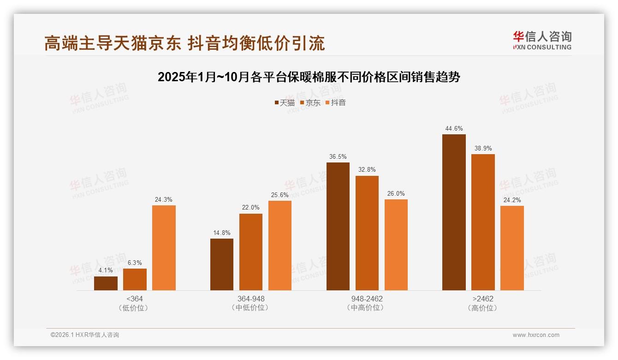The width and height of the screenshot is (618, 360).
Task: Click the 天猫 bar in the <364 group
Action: coord(106,283)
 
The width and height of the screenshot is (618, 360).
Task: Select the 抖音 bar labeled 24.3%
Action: coord(164,248)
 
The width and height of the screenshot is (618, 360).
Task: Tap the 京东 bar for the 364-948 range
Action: coord(250,252)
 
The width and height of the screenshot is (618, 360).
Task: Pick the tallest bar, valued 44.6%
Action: coord(454,212)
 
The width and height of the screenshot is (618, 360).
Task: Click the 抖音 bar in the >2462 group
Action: coord(512,248)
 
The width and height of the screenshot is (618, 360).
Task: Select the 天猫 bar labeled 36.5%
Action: coord(338,226)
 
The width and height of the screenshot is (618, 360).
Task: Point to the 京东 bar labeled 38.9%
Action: coord(483,222)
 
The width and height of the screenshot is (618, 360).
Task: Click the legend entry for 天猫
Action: coord(285,102)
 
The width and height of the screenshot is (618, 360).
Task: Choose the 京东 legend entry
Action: coord(310,102)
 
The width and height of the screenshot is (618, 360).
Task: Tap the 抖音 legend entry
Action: coord(336,102)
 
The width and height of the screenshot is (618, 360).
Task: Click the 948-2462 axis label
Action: coord(367,299)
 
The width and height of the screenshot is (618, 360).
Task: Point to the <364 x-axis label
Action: coord(134,299)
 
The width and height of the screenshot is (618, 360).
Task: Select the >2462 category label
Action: coord(483,299)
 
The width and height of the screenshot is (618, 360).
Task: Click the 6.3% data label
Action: coord(135,262)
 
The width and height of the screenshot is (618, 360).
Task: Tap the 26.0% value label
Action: coord(396,193)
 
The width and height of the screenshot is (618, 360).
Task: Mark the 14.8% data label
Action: coord(221,233)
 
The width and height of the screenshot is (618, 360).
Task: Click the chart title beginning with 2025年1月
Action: coord(309,77)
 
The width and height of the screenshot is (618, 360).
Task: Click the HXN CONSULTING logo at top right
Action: coord(542,40)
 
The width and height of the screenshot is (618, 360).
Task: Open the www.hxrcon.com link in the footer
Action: coord(536,335)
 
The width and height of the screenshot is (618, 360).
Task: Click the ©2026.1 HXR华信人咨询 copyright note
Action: coord(85,335)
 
